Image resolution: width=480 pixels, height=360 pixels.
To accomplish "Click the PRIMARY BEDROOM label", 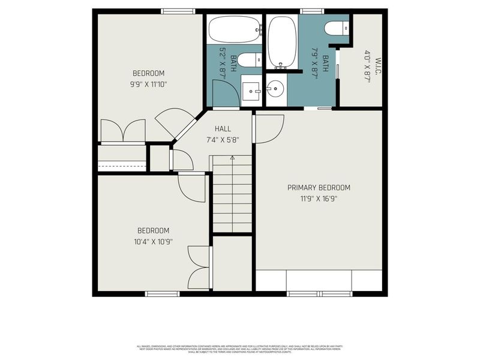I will pyautogui.click(x=319, y=187).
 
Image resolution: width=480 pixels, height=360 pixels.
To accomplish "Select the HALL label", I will pyautogui.click(x=223, y=128).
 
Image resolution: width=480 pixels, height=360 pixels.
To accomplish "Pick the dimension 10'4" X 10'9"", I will pyautogui.click(x=153, y=242).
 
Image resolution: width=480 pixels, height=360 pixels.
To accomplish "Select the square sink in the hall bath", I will pyautogui.click(x=251, y=91).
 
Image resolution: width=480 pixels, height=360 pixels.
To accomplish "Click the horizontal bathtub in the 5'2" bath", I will pyautogui.click(x=235, y=28).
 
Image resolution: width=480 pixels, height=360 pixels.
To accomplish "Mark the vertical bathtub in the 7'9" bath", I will pyautogui.click(x=281, y=41).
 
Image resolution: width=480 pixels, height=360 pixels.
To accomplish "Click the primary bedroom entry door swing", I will pyautogui.click(x=268, y=128).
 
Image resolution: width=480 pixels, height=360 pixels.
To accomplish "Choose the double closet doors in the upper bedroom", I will pyautogui.click(x=122, y=130).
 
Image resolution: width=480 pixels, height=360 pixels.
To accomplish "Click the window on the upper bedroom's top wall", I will pyautogui.click(x=178, y=11).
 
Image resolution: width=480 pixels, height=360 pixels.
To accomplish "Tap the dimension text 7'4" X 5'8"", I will pyautogui.click(x=223, y=140).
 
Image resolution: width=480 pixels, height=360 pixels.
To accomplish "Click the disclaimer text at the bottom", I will pyautogui.click(x=240, y=349).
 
